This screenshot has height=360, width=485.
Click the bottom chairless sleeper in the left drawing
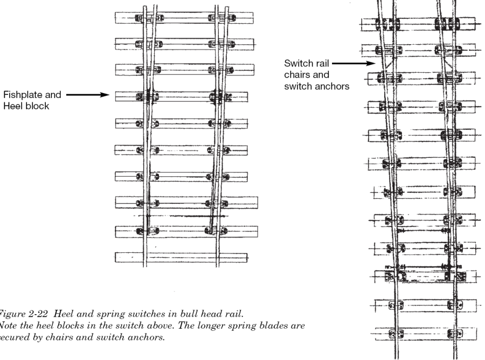click(181, 257)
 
